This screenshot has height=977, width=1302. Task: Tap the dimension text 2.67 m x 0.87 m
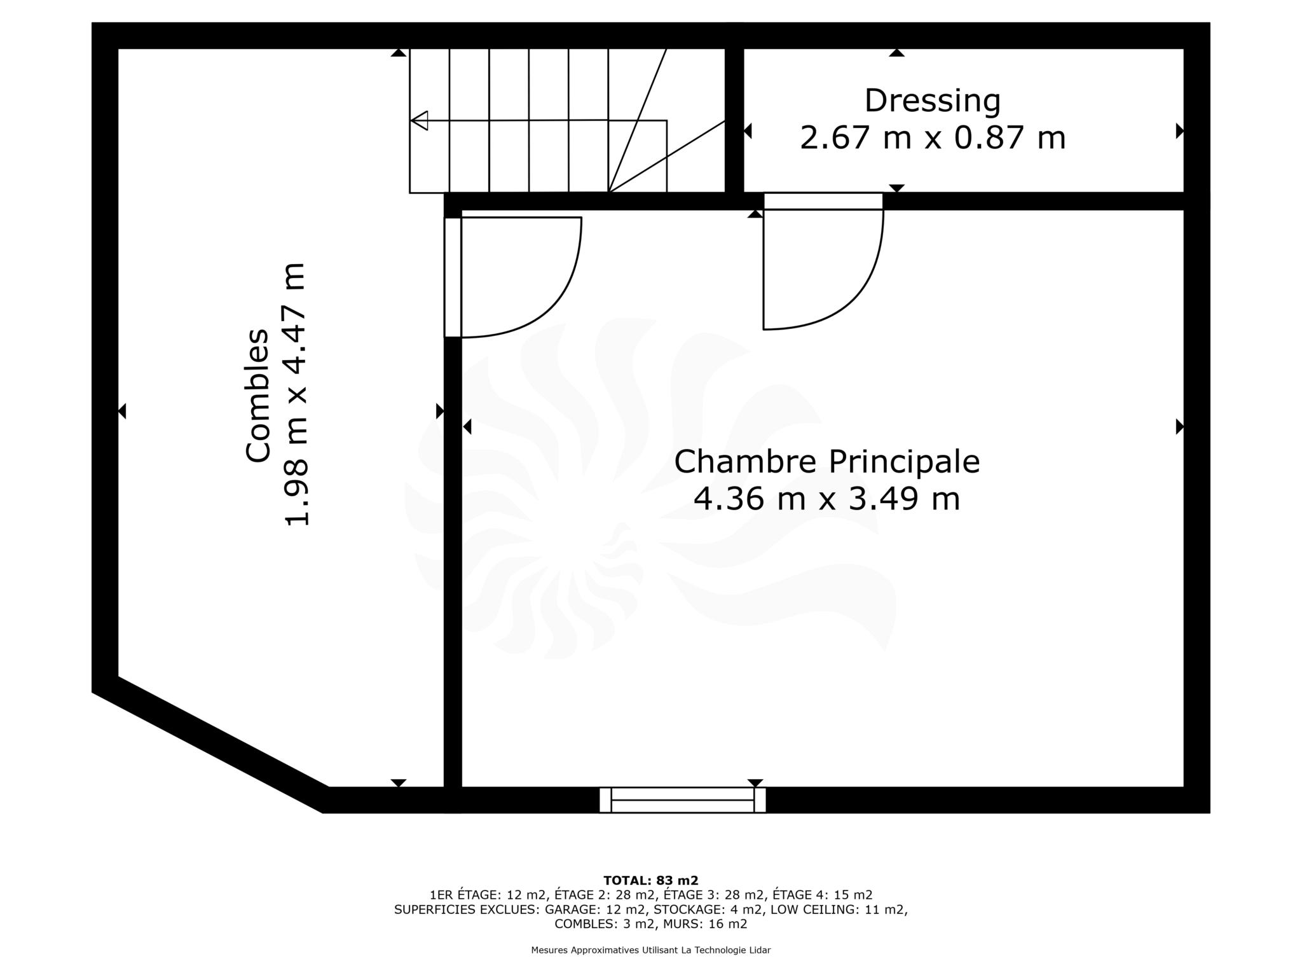[932, 138]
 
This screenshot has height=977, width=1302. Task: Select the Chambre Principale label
[826, 462]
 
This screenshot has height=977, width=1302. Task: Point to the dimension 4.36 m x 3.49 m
[826, 499]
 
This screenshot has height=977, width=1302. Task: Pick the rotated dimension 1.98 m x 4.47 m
[296, 394]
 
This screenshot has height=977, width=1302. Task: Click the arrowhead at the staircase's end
[419, 120]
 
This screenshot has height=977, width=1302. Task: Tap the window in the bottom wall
[682, 800]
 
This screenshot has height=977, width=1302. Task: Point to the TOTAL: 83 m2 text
[650, 880]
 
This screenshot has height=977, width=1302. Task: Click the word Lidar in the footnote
[760, 950]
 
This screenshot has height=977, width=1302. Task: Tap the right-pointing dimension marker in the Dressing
[1180, 131]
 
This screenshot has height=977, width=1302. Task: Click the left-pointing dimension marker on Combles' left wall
[122, 412]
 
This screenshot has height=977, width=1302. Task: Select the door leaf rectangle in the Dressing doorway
[823, 201]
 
